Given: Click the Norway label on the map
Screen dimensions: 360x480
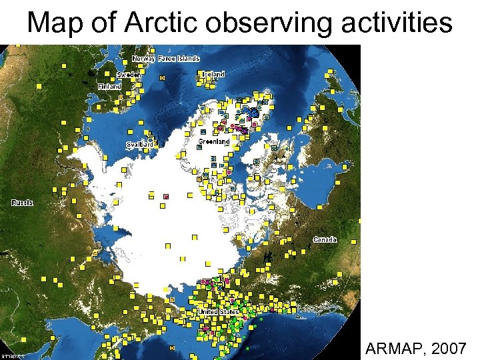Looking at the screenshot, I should tap(143, 59).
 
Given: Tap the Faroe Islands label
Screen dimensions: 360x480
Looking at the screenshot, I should tap(179, 59).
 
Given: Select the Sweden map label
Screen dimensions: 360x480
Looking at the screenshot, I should tap(129, 75).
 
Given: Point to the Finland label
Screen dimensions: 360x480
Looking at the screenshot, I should tap(110, 87).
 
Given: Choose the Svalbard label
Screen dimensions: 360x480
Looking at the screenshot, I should tap(140, 144).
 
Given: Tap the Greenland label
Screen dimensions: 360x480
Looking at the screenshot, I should tap(214, 141).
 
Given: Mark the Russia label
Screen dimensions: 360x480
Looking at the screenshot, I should tap(22, 202).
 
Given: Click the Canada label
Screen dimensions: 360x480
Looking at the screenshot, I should tap(325, 239).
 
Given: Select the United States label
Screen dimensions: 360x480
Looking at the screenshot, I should tap(218, 311).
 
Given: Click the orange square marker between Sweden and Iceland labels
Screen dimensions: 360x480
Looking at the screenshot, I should tap(162, 77).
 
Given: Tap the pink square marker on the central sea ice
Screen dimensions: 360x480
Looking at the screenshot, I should tap(166, 196).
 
